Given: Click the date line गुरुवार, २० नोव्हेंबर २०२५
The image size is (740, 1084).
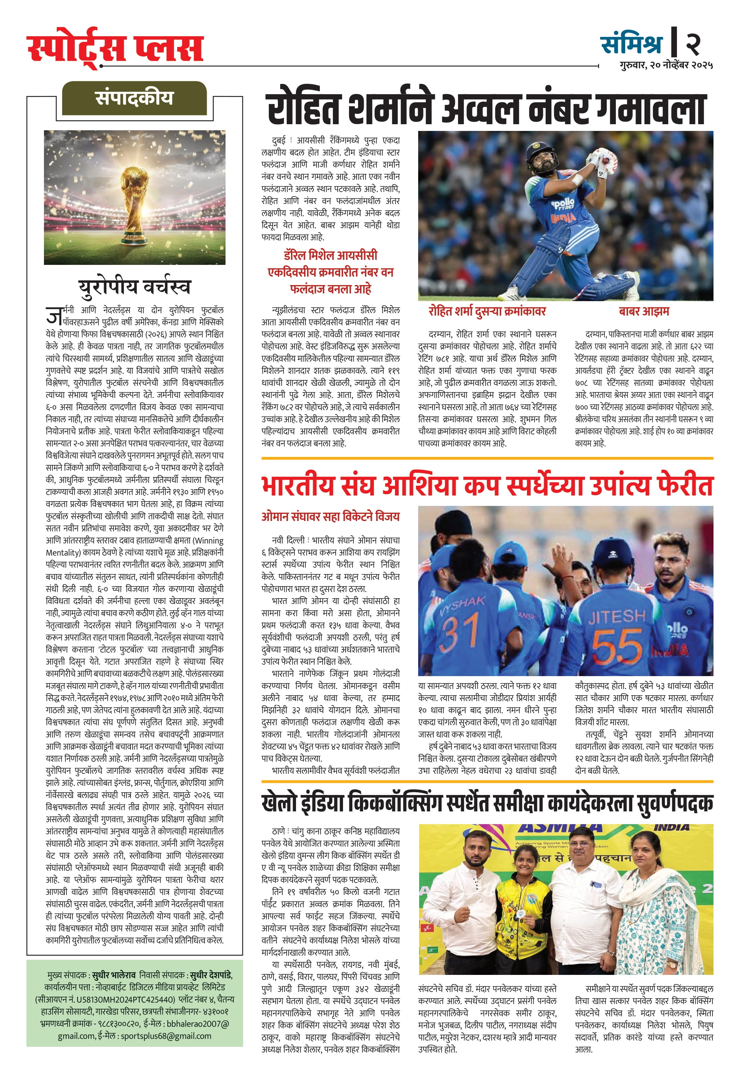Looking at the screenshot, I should [x=666, y=65].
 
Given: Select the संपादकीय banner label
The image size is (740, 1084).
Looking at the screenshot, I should [x=134, y=98].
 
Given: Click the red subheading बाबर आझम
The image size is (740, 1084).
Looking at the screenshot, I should [x=643, y=311].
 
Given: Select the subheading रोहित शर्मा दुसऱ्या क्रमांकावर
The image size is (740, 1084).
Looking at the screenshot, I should [x=487, y=311].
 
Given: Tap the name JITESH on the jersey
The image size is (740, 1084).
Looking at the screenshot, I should [x=616, y=617].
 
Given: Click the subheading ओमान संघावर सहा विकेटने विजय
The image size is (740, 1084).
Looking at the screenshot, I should [x=330, y=516].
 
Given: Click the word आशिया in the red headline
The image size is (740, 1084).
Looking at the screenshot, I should [x=419, y=485].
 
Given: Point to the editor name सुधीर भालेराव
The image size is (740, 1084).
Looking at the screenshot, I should [x=114, y=975].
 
